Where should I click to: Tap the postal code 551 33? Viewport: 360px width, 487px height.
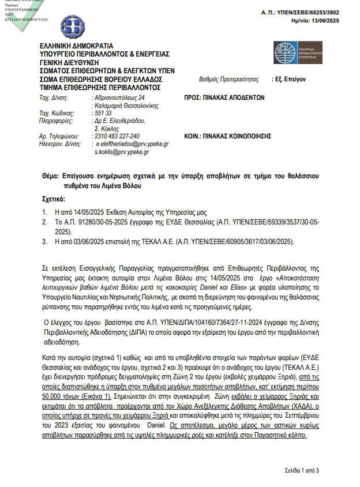[103, 114]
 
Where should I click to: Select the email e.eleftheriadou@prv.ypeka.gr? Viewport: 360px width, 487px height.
[132, 144]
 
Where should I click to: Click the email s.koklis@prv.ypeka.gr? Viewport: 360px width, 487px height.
[122, 152]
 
